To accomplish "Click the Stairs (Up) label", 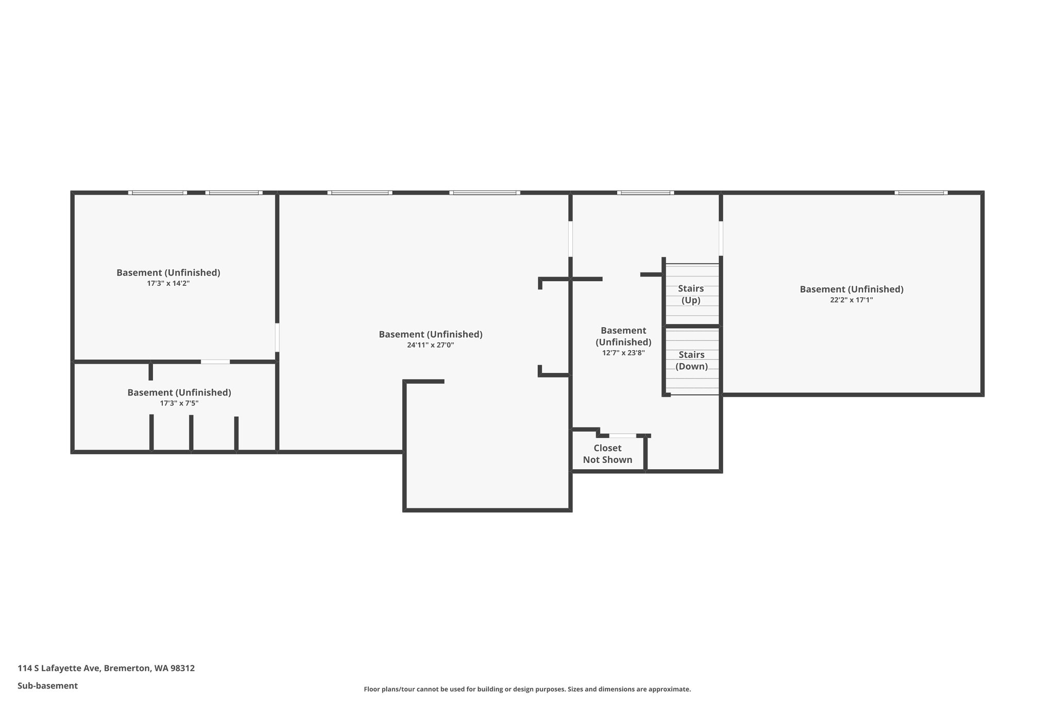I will tap(691, 294).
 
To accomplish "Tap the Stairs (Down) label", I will tap(691, 361).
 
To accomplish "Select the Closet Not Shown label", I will tap(607, 454).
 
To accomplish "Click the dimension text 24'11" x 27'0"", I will tap(430, 345).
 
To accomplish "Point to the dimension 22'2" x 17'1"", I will tap(851, 300).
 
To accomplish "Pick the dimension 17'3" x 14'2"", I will tap(168, 283).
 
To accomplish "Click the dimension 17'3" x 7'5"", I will tap(179, 403).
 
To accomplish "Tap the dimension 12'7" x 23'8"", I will tap(623, 353).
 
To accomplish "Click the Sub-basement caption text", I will tap(47, 685).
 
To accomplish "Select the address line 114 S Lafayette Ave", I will tap(106, 668).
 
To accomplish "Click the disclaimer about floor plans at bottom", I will tap(527, 689).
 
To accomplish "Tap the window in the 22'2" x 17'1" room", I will tap(921, 193).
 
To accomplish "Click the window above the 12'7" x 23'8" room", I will tap(645, 193).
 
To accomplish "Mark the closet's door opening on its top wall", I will tap(623, 436).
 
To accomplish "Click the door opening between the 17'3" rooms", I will tap(215, 362).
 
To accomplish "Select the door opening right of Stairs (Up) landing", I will tap(721, 238).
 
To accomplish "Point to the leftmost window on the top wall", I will tap(158, 193).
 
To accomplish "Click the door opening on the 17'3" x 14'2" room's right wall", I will tap(277, 337).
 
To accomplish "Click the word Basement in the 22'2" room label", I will tap(821, 289).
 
